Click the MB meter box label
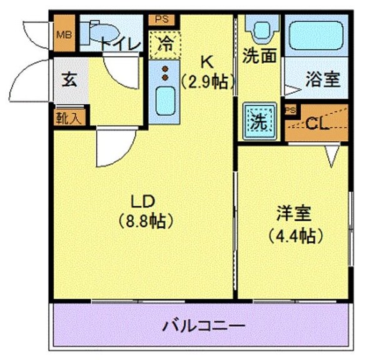click(x=64, y=34)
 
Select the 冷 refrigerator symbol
click(x=164, y=44)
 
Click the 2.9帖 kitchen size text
click(x=208, y=81)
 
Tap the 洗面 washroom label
click(x=259, y=56)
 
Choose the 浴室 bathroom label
click(x=322, y=79)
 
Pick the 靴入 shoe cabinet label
click(x=70, y=117)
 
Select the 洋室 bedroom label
click(x=294, y=214)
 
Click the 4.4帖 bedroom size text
click(x=295, y=236)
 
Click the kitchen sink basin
click(x=164, y=99)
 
